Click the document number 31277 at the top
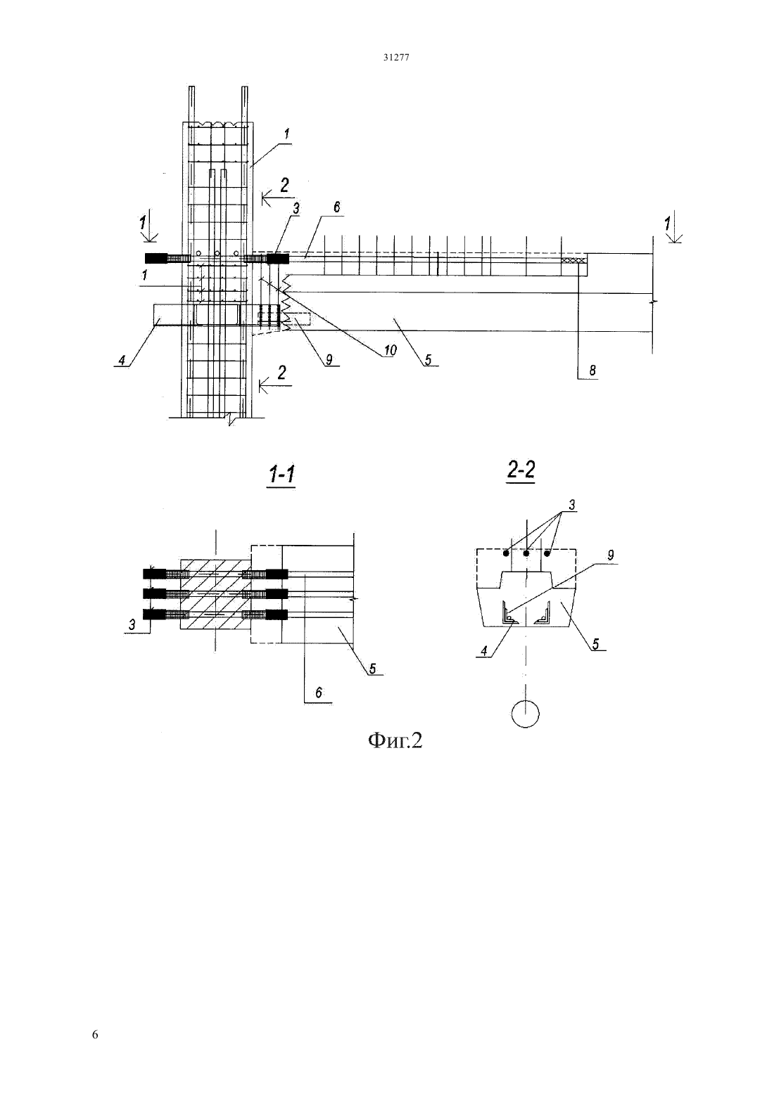point(395,57)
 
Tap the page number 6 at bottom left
point(95,1034)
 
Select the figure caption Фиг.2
point(395,740)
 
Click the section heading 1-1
point(281,474)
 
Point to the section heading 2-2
point(521,470)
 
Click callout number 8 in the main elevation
point(592,371)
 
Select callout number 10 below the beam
point(390,350)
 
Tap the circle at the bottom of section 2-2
point(526,714)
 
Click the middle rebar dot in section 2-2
point(526,554)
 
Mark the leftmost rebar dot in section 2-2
point(506,554)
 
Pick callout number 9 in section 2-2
point(610,555)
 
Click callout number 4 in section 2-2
point(484,651)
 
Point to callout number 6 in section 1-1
point(319,693)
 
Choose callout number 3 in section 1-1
point(132,624)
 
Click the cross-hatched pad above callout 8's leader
point(573,261)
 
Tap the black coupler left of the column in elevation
point(156,258)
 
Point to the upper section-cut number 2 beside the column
point(284,185)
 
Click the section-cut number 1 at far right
point(667,224)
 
